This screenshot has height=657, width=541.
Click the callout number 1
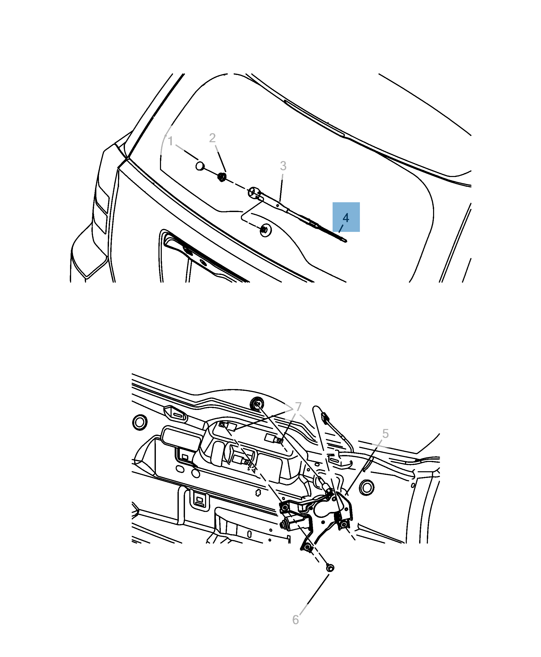tap(171, 141)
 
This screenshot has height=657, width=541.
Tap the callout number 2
tap(212, 138)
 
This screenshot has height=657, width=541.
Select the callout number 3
tap(283, 166)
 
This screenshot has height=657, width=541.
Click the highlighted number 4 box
tap(346, 217)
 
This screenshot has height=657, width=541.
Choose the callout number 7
tap(298, 406)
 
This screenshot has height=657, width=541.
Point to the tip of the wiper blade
tap(345, 241)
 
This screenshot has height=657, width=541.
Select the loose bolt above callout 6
tap(330, 568)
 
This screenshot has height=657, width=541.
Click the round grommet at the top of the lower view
tap(257, 404)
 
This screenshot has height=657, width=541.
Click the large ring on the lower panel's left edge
tap(140, 423)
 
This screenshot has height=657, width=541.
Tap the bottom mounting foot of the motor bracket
tap(307, 547)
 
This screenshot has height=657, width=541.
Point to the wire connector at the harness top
tap(325, 417)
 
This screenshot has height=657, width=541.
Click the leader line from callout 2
tap(220, 158)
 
